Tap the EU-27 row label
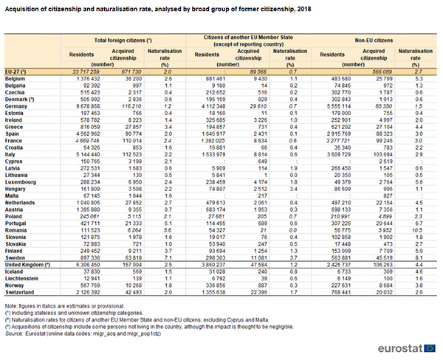pos(16,71)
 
